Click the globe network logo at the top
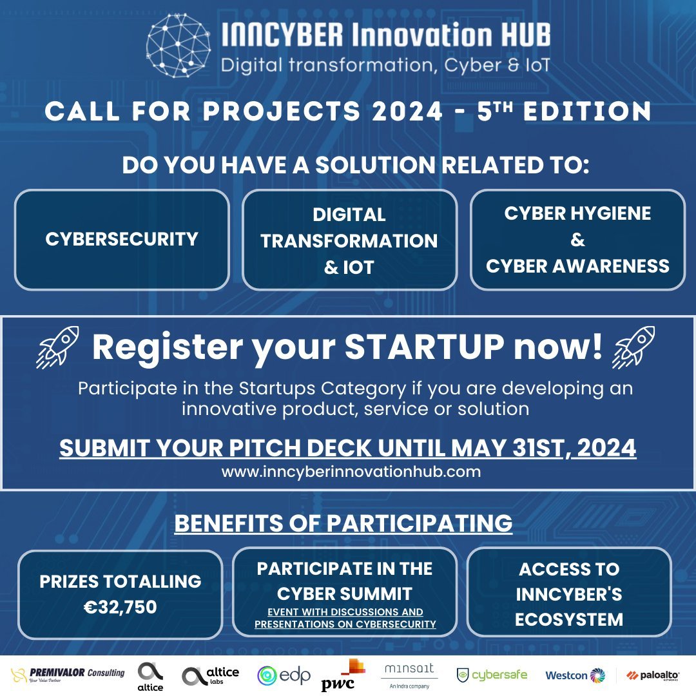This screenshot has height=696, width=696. pyautogui.click(x=179, y=45)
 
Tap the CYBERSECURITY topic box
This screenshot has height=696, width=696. pyautogui.click(x=122, y=240)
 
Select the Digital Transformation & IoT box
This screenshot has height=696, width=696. pyautogui.click(x=349, y=240)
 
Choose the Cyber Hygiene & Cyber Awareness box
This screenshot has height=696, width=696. pyautogui.click(x=577, y=240)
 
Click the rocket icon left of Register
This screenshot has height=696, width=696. pyautogui.click(x=58, y=347)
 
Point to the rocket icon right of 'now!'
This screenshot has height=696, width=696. pyautogui.click(x=633, y=347)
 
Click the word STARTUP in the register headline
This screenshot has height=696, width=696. pyautogui.click(x=425, y=347)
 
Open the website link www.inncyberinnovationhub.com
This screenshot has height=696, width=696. pyautogui.click(x=351, y=471)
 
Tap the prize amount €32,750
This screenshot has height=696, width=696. pyautogui.click(x=121, y=607)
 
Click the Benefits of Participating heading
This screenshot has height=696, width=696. pyautogui.click(x=343, y=523)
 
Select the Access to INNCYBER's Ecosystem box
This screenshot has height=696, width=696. pyautogui.click(x=569, y=594)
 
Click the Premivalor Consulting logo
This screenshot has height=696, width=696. pyautogui.click(x=68, y=675)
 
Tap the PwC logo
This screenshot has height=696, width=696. pyautogui.click(x=343, y=675)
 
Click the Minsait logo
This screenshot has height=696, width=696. pyautogui.click(x=409, y=675)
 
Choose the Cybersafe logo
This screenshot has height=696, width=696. pyautogui.click(x=492, y=675)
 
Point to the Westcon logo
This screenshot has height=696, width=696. pyautogui.click(x=575, y=675)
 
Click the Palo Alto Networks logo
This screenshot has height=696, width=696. pyautogui.click(x=652, y=675)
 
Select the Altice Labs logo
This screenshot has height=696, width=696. pyautogui.click(x=210, y=675)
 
